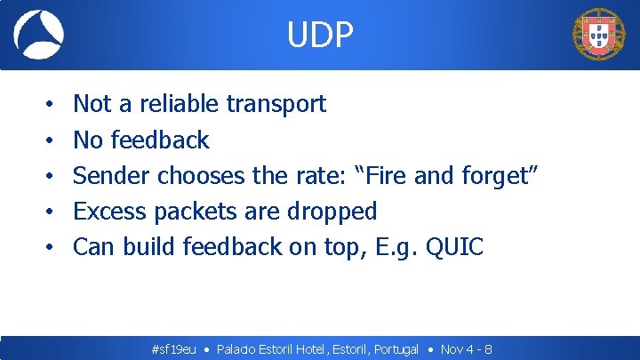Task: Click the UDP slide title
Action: (320, 35)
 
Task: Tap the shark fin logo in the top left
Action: (38, 35)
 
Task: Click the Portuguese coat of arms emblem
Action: (599, 35)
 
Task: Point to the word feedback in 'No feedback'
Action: (160, 140)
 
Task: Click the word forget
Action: (495, 176)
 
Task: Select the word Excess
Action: (110, 211)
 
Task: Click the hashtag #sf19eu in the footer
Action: (174, 349)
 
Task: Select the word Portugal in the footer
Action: (396, 349)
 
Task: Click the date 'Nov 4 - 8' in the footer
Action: (467, 349)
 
